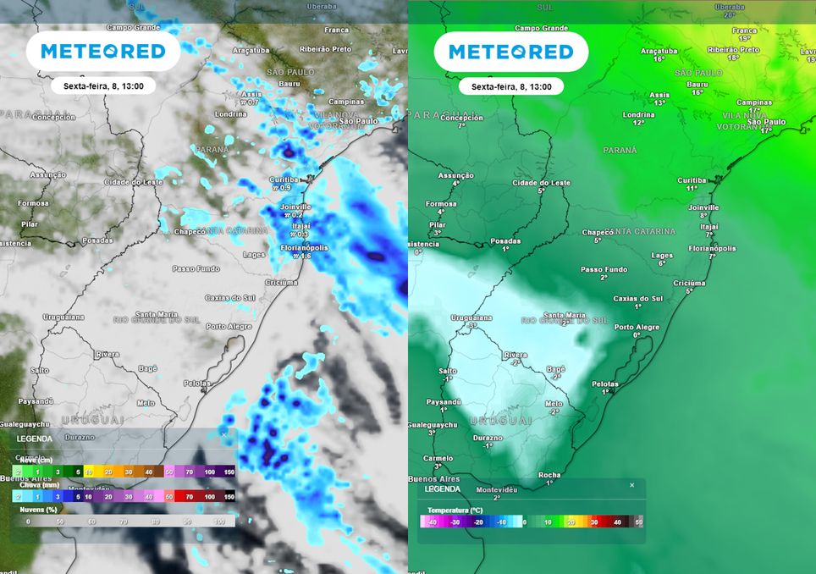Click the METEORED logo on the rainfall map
click(x=103, y=52)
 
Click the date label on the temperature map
click(x=510, y=86)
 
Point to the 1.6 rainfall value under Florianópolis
click(x=303, y=256)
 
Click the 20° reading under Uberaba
click(x=729, y=15)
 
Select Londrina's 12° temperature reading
click(x=638, y=123)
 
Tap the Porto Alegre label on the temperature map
click(x=637, y=327)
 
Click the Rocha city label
click(x=549, y=475)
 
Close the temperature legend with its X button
click(x=631, y=485)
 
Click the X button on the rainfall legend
click(x=223, y=433)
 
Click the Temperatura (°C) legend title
click(x=456, y=511)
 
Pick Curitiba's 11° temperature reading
click(x=692, y=188)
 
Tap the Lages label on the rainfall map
click(x=254, y=254)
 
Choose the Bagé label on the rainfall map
click(x=148, y=368)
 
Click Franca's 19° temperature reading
click(x=744, y=38)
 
